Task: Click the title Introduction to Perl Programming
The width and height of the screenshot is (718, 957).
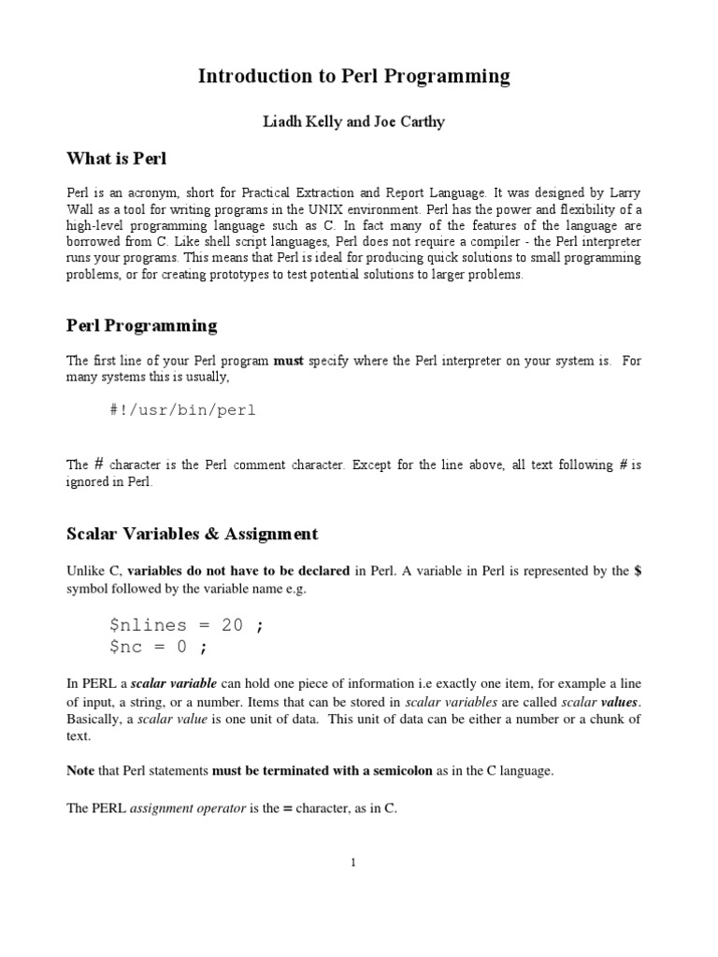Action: click(x=354, y=77)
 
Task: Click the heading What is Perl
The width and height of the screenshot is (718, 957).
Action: click(x=116, y=158)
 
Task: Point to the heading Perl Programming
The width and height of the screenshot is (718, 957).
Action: click(x=142, y=325)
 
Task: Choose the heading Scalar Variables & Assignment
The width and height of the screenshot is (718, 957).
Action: click(x=193, y=534)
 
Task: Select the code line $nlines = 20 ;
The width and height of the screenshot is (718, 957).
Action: click(x=186, y=625)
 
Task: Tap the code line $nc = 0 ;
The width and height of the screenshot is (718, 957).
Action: click(x=158, y=647)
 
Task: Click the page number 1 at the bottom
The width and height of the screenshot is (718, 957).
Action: click(x=354, y=863)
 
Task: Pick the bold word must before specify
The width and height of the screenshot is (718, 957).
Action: click(x=288, y=361)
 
